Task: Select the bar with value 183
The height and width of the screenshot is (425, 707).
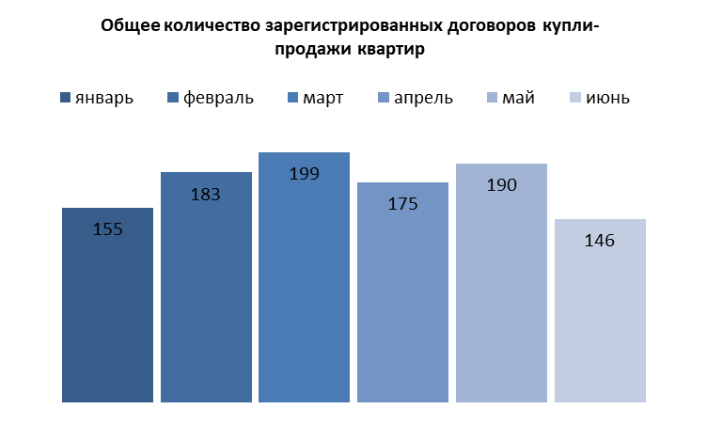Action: [x=206, y=301]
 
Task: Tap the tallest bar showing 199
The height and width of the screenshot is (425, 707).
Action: [x=305, y=291]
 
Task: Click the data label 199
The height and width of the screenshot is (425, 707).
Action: [x=305, y=174]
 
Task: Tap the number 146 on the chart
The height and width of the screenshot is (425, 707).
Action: [x=600, y=241]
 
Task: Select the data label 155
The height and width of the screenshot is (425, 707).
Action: [x=107, y=228]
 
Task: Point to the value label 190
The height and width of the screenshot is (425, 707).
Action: [x=501, y=185]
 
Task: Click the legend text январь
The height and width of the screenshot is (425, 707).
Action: [x=104, y=98]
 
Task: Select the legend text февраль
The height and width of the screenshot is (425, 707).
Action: [x=218, y=98]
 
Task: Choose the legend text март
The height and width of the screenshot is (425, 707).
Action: [x=322, y=98]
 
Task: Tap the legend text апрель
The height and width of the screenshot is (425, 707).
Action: [x=423, y=98]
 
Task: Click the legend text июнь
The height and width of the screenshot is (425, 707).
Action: [x=606, y=98]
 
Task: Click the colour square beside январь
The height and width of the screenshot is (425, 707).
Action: [x=65, y=98]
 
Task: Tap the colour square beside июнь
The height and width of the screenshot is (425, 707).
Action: [x=576, y=98]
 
